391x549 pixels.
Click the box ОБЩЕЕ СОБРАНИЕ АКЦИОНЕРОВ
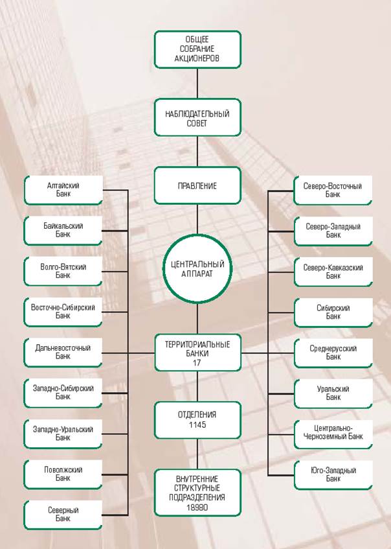(197, 49)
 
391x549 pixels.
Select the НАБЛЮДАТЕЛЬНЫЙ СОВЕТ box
(197, 118)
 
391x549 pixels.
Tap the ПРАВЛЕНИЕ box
(197, 185)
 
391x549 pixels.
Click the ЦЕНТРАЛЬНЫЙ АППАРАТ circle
(197, 268)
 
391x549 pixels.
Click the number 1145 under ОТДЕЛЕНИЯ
(197, 423)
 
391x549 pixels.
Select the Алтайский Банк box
(63, 190)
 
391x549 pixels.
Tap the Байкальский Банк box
(63, 230)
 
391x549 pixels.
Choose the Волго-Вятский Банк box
(63, 271)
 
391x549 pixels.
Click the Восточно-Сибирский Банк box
(63, 312)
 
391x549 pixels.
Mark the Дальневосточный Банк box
(63, 352)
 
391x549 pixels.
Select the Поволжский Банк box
(63, 474)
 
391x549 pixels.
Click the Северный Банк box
(63, 514)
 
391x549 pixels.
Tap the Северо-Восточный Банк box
(333, 190)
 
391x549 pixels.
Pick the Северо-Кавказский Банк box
(333, 271)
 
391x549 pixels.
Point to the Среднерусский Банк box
(333, 352)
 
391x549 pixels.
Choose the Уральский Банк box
(333, 393)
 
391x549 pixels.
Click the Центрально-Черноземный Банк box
(333, 433)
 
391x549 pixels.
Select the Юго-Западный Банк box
(333, 474)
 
